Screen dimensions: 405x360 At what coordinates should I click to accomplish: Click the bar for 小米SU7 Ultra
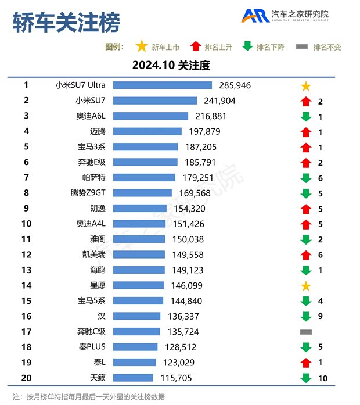(x=163, y=85)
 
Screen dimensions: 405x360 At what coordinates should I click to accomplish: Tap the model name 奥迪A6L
(x=91, y=116)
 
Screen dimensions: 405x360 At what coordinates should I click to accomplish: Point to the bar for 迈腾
(x=147, y=131)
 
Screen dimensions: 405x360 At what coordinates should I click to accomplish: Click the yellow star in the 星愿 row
(x=306, y=286)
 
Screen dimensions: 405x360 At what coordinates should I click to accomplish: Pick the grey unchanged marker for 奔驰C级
(x=306, y=332)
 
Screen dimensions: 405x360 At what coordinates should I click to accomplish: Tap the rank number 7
(x=26, y=177)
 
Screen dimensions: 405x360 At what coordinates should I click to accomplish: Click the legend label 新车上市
(x=165, y=47)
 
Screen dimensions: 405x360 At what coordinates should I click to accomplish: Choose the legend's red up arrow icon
(x=196, y=46)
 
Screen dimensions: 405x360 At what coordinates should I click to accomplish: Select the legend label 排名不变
(x=327, y=47)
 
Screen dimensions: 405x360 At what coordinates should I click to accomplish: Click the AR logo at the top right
(x=255, y=16)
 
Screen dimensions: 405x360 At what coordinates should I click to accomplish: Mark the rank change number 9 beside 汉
(x=321, y=317)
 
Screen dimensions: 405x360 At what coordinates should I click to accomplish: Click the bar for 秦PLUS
(x=135, y=347)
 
